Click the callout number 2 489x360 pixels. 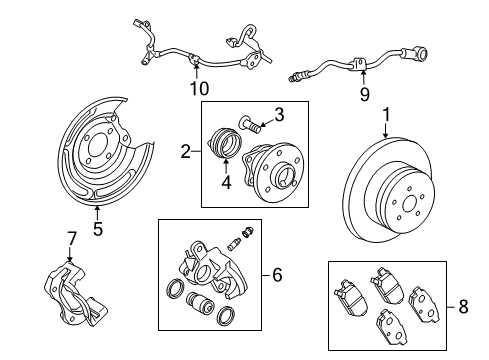coord(186,152)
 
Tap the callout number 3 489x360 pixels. coord(280,114)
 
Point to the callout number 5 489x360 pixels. coord(97,229)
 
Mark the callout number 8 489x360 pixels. coord(461,306)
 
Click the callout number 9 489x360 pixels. coord(364,95)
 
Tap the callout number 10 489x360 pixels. coord(194,88)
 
